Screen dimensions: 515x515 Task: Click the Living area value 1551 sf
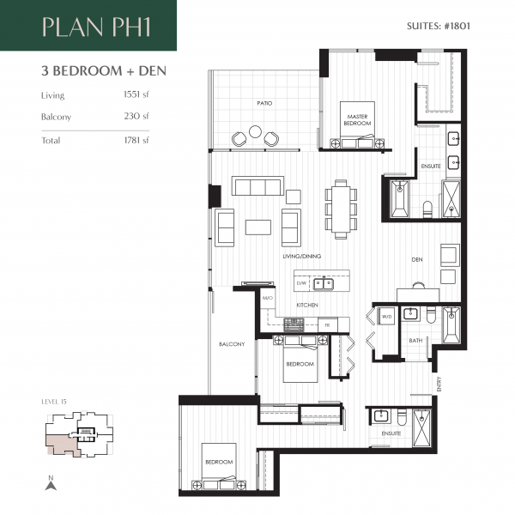(x=135, y=95)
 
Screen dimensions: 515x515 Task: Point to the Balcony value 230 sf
(x=136, y=117)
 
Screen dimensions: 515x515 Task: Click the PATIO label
(x=265, y=103)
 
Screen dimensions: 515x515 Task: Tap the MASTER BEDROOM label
(x=358, y=119)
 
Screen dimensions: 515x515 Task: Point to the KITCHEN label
(x=308, y=305)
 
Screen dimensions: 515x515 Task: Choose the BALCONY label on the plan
(x=232, y=344)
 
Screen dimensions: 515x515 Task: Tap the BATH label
(x=415, y=341)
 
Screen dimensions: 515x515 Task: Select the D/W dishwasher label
(x=301, y=282)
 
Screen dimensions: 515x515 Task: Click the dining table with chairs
(x=341, y=209)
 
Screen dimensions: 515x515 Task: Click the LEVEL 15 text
(x=55, y=401)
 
